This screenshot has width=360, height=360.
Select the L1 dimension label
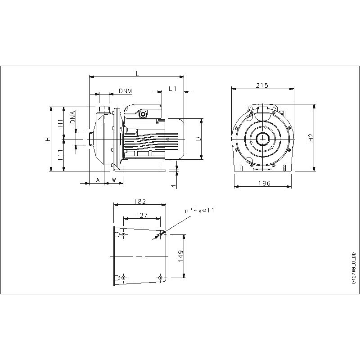(x=172, y=89)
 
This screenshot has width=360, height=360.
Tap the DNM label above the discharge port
(x=126, y=91)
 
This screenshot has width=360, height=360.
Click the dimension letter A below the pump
(x=97, y=180)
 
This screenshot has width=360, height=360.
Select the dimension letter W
(x=114, y=180)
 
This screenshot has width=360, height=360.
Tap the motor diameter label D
(x=198, y=139)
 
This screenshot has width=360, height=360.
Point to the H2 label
(x=310, y=139)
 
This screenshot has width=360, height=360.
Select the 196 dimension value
(x=265, y=183)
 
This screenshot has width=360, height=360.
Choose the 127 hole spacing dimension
(x=141, y=216)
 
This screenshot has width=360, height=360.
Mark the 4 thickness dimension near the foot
(x=173, y=185)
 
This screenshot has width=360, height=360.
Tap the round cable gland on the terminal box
(x=143, y=114)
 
